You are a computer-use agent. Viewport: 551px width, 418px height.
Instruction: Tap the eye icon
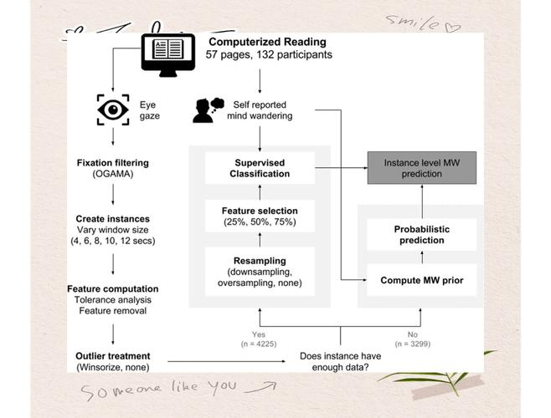point(113,110)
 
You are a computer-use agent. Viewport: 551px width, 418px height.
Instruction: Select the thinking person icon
point(206,110)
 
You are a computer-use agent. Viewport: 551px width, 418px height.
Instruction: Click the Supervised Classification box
point(260,167)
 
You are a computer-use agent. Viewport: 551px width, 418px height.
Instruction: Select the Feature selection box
point(260,215)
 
